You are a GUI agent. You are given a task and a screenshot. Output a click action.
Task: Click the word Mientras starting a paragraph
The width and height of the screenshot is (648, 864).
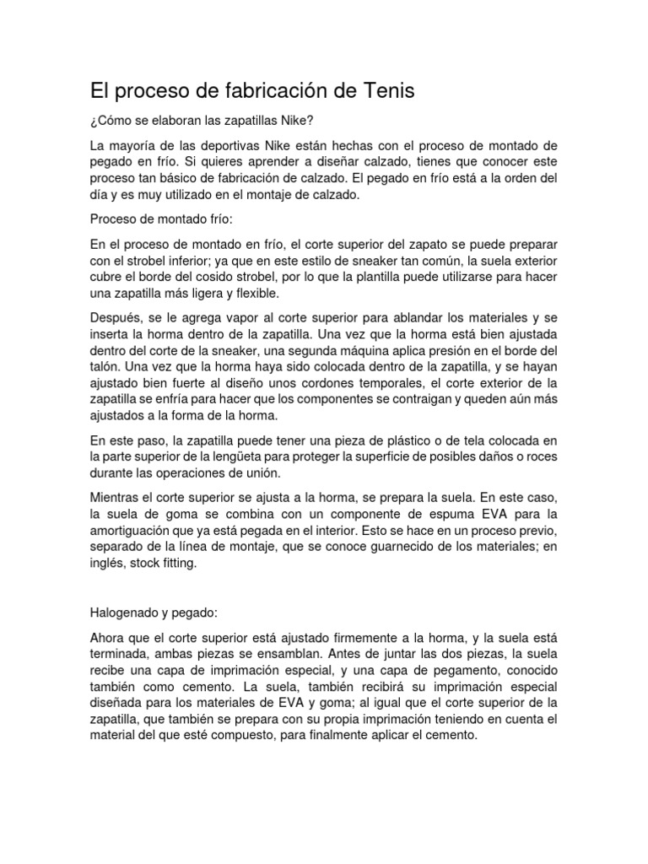[x=116, y=498]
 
